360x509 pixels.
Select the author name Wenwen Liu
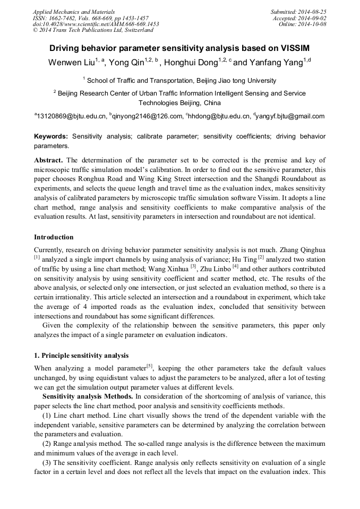click(x=72, y=63)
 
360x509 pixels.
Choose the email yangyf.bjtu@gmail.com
click(x=290, y=116)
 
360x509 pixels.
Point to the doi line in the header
click(x=96, y=24)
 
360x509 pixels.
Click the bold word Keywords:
click(x=51, y=136)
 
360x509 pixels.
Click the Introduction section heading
click(x=54, y=237)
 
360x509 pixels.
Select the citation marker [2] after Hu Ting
click(x=261, y=258)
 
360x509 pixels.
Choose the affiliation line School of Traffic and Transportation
click(x=181, y=81)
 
